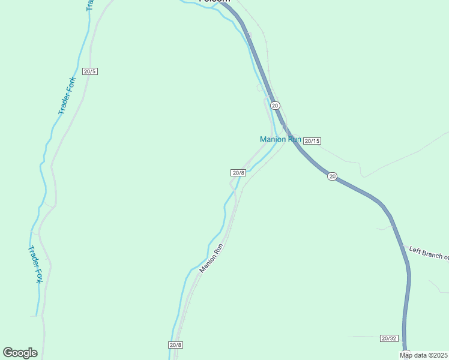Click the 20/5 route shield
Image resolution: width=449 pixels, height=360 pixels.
89,71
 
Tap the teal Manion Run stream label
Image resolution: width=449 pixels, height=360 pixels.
280,139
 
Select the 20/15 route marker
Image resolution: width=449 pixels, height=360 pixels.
312,141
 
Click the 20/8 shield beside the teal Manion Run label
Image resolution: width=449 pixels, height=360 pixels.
238,173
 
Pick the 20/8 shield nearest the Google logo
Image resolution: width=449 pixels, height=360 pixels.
175,345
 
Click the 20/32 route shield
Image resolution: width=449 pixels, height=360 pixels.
389,338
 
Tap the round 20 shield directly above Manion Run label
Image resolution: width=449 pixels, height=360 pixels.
275,106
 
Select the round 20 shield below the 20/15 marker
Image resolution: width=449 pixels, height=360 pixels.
332,176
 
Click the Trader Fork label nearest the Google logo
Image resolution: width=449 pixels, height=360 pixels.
35,264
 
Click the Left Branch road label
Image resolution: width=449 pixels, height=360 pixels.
429,253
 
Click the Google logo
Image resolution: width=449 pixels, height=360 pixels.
20,353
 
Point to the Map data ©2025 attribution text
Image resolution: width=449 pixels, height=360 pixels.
423,355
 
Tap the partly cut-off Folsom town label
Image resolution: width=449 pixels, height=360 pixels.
214,2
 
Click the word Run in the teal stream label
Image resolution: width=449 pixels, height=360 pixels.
294,139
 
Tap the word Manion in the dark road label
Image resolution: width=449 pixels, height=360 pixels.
208,263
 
